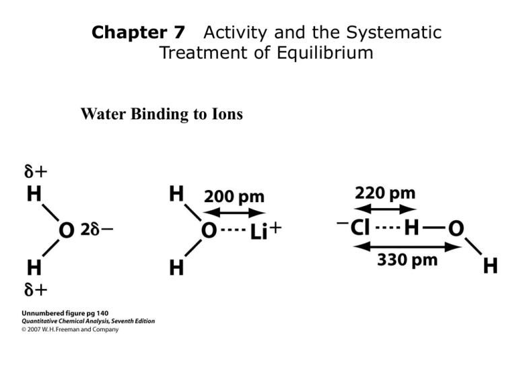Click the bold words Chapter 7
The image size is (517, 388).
coord(138,32)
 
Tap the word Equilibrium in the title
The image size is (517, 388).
coord(324,53)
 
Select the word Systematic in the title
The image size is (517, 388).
coord(394,33)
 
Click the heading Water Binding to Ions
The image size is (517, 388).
coord(162,114)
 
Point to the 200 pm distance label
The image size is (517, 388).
coord(234,197)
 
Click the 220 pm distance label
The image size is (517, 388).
coord(385,193)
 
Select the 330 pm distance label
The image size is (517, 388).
coord(407,259)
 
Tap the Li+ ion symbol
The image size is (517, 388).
coord(266,230)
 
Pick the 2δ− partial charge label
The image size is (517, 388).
coord(97,229)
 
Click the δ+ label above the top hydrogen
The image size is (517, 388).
coord(36,172)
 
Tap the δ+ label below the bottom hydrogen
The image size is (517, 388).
coord(36,290)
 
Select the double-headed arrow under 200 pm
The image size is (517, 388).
coord(234,213)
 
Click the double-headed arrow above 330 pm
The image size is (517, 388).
coord(407,247)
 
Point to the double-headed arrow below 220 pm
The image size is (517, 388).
coord(385,209)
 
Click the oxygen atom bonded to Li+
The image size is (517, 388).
coord(209,230)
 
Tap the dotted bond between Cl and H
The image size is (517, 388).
coord(388,227)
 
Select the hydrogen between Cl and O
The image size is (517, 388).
coord(411,228)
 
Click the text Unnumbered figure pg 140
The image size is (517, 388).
coord(65,313)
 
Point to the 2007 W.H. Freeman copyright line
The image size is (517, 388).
coord(70,329)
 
